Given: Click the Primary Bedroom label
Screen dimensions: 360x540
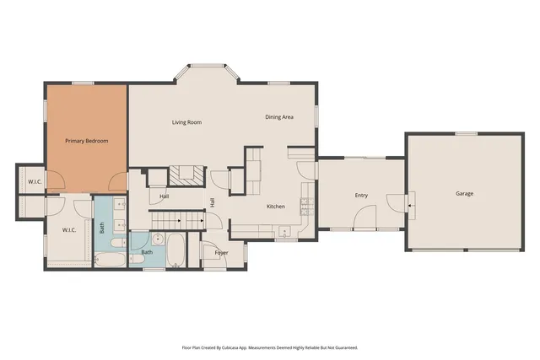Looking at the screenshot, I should (x=87, y=141).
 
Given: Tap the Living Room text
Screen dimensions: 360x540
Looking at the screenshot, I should (x=186, y=122).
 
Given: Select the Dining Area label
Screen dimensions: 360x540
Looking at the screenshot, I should (x=279, y=117).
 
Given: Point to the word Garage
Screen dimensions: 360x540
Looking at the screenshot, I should (x=464, y=194).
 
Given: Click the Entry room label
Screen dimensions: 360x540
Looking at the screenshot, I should (x=361, y=196).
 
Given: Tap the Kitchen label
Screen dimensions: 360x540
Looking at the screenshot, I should (x=276, y=207).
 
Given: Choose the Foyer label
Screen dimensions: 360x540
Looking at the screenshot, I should (x=221, y=253).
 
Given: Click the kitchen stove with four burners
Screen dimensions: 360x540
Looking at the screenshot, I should (x=305, y=205).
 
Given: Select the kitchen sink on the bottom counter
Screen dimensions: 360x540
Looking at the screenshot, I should (x=284, y=230).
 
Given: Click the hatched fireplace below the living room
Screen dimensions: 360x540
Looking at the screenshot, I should (x=186, y=175).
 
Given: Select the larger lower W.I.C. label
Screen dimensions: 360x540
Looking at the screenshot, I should (x=70, y=229).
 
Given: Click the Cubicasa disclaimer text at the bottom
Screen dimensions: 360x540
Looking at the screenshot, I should (x=270, y=347).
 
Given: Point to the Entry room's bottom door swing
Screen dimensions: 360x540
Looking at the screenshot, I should (x=364, y=221).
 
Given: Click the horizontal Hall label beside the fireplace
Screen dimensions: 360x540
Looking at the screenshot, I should (x=165, y=197).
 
